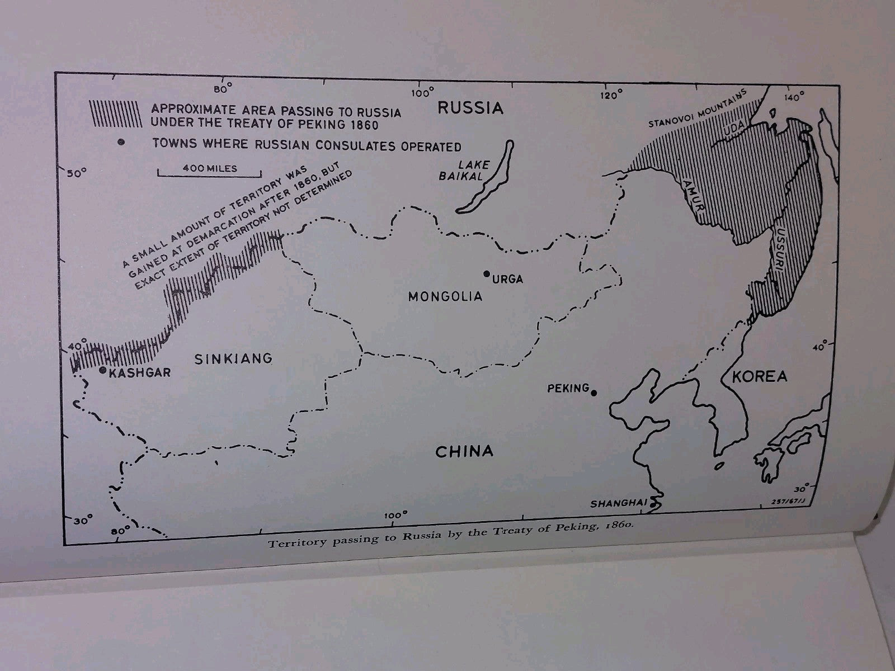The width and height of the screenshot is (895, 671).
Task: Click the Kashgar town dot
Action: click(102, 370)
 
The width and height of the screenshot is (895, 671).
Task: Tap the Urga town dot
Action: click(487, 273)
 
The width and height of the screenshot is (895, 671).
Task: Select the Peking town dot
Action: click(593, 393)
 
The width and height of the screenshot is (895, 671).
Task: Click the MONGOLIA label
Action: click(445, 296)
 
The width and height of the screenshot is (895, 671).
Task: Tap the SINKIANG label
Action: click(233, 358)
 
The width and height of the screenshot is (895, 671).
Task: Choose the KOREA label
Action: click(759, 376)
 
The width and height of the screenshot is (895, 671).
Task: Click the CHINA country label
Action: click(464, 451)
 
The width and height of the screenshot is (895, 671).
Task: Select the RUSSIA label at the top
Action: click(470, 108)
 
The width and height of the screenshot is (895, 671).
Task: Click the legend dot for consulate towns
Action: click(121, 142)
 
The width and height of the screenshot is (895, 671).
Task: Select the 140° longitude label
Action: click(793, 97)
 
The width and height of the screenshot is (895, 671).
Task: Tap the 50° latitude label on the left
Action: click(74, 172)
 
